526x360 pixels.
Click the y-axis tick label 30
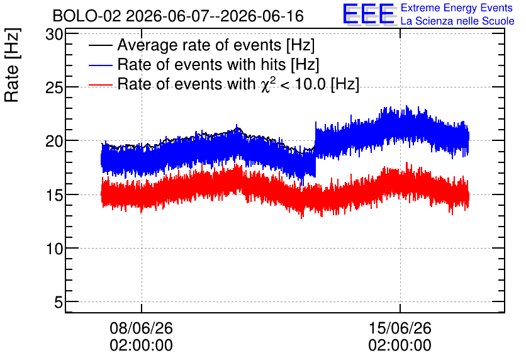pos(54,35)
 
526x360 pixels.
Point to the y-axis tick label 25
pos(54,88)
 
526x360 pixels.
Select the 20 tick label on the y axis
pos(54,142)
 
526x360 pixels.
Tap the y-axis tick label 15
pos(54,195)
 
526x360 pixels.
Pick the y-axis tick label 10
pos(54,249)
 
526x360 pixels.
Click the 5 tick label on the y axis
pos(59,303)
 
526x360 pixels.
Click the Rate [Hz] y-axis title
pos(13,65)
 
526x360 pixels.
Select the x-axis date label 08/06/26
pos(141,328)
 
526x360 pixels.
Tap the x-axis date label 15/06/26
pos(400,328)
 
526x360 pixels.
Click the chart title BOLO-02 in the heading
pos(87,16)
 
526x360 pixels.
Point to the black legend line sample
pos(100,45)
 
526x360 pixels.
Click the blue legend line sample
pos(100,65)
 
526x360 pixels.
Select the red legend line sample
pos(100,85)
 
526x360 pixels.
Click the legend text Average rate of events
pos(199,45)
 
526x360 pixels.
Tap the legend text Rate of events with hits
pos(201,64)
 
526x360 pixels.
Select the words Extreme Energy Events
pos(457,8)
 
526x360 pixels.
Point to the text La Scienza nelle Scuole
pos(457,21)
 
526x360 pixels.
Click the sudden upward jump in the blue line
pos(315,149)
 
